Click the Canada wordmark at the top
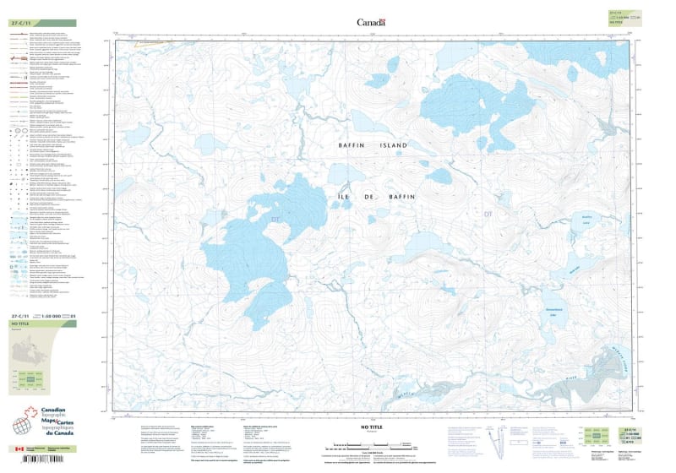370,23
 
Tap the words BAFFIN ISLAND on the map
372,146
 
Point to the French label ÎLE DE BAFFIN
373,197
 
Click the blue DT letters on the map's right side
487,215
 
